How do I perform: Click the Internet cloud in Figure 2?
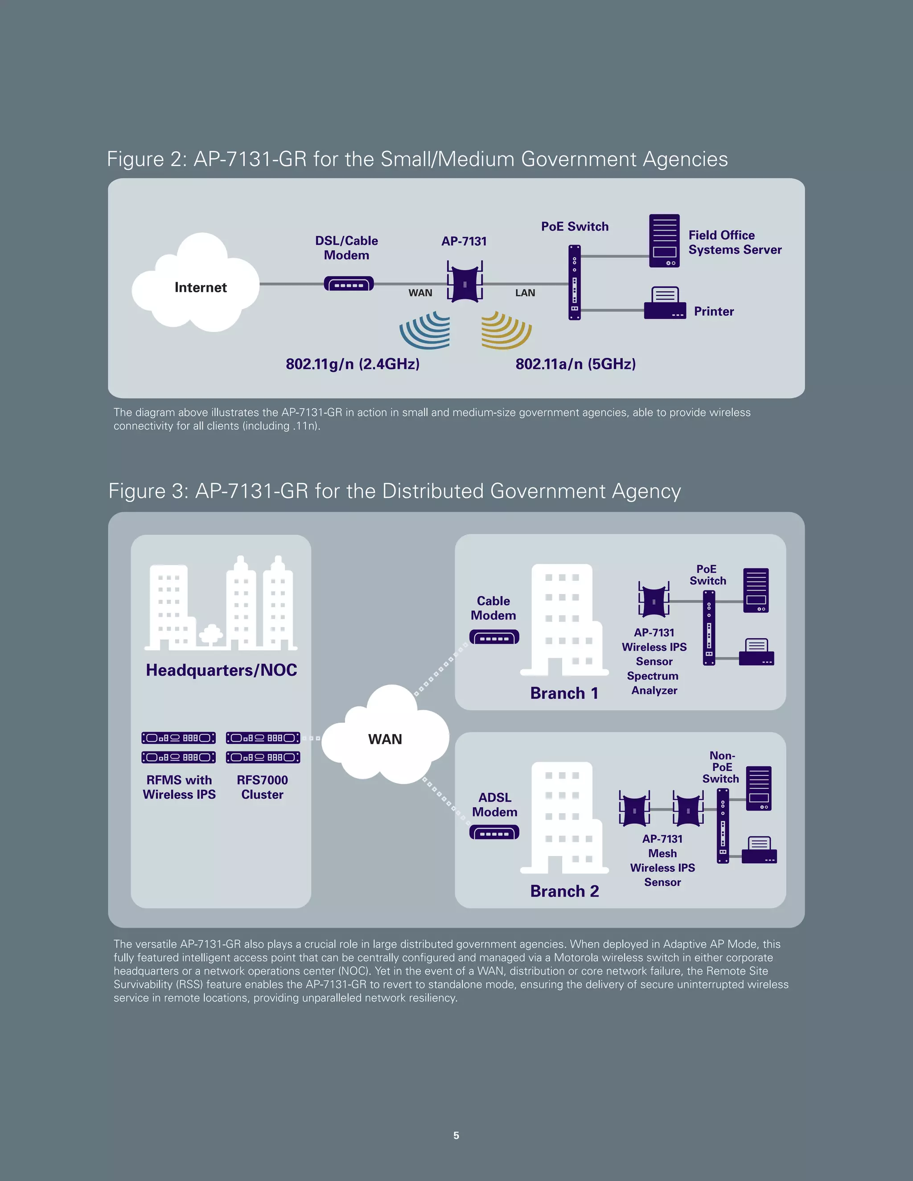196,284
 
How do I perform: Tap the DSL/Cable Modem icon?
348,284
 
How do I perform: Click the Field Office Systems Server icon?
664,241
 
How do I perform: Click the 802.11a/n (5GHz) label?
576,364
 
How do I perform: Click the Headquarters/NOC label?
221,670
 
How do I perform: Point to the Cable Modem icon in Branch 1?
494,637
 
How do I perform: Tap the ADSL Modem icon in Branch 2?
494,832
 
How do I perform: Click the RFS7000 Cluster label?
262,787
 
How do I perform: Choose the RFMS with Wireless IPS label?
179,787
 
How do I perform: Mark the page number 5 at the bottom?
456,1136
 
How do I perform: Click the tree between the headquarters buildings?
211,634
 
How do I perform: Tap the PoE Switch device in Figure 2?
574,282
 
